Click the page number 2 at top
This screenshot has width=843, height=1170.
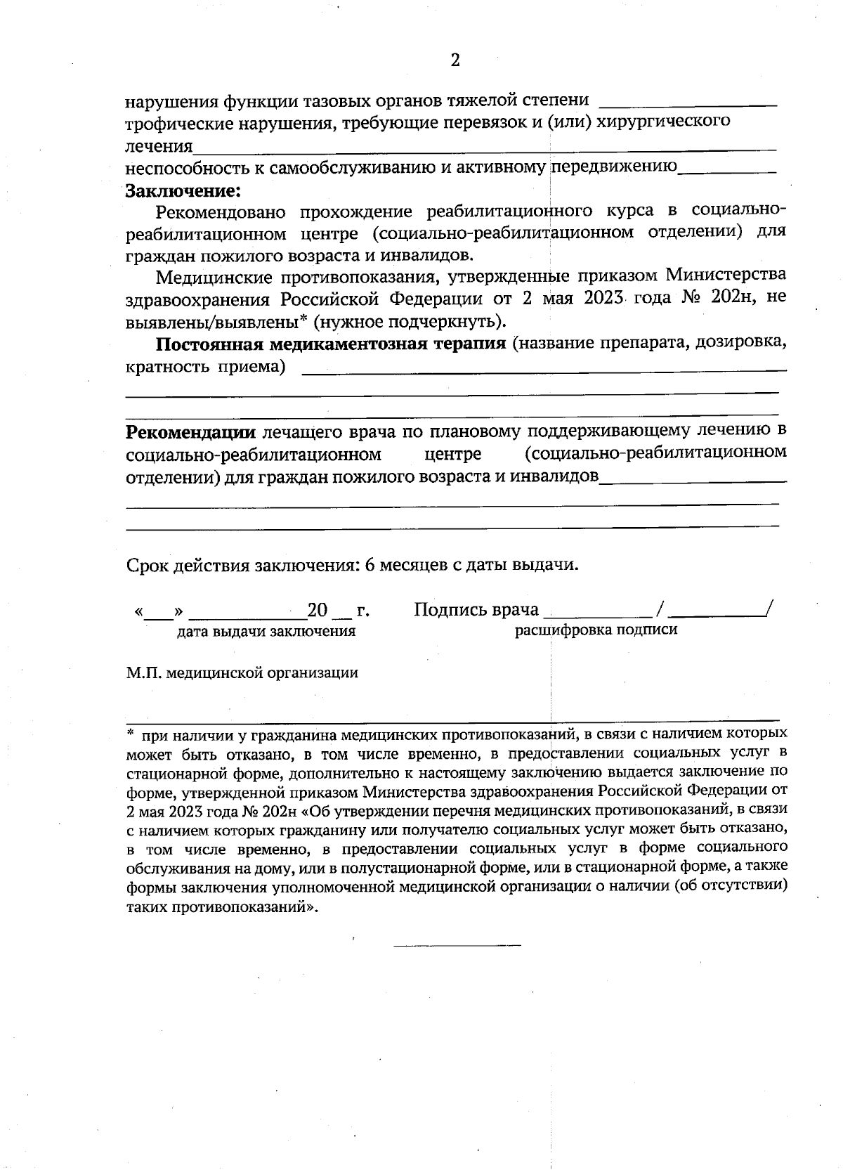click(x=455, y=60)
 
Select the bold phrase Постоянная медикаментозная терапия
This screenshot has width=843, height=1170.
click(x=330, y=344)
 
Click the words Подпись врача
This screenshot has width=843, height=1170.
click(x=476, y=609)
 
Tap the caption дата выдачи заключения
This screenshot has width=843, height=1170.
click(x=266, y=631)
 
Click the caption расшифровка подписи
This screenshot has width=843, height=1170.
click(x=596, y=630)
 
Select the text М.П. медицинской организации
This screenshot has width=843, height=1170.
click(x=242, y=673)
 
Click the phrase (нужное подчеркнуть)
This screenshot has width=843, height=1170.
click(x=410, y=322)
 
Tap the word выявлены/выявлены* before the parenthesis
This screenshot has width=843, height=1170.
click(x=216, y=322)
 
